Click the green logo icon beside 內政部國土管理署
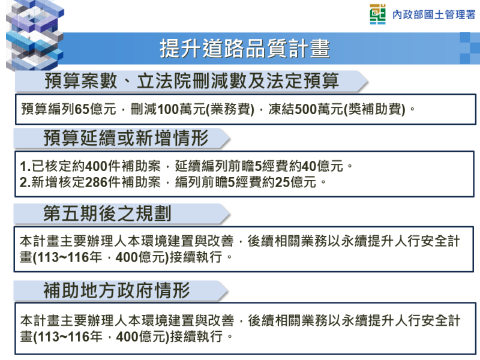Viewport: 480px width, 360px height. pos(378,14)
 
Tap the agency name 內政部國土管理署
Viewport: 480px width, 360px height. pos(433,15)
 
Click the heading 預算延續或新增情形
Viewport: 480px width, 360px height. pos(126,139)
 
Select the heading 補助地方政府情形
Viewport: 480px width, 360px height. pos(117,292)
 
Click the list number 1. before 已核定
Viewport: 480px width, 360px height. pos(25,166)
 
